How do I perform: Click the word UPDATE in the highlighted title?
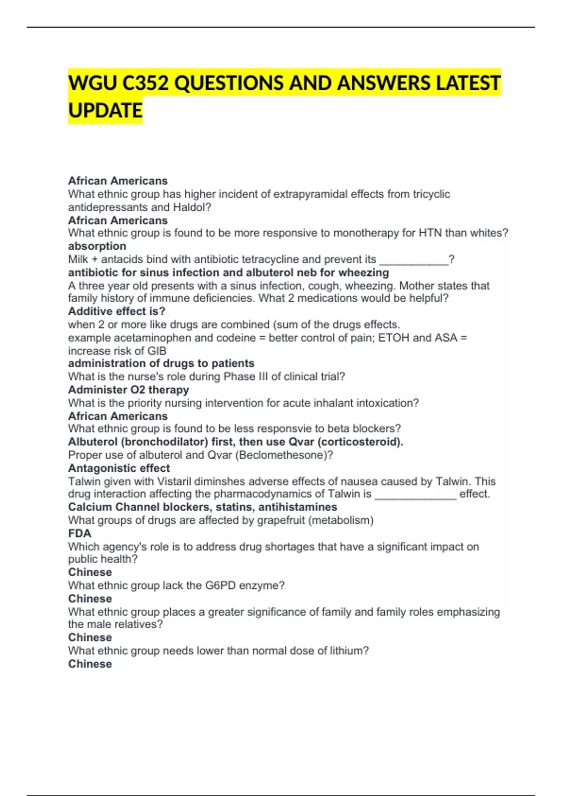point(105,111)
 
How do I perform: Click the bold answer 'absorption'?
point(97,246)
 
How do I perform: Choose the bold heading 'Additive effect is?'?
point(117,311)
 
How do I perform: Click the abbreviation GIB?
point(157,351)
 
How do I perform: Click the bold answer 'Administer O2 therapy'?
point(128,390)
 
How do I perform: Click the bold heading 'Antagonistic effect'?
point(119,468)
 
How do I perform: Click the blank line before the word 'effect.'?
point(415,494)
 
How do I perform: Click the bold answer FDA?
point(80,533)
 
